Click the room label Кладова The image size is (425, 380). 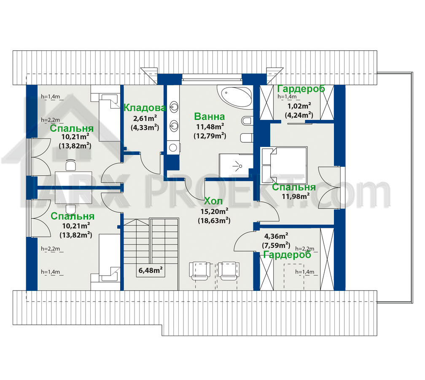[x=145, y=108]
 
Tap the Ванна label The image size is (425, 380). [x=210, y=117]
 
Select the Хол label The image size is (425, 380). [x=213, y=201]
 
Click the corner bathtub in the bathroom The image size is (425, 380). [x=235, y=97]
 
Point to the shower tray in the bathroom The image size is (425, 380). [x=236, y=165]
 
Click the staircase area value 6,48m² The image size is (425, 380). [x=151, y=270]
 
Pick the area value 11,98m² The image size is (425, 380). [x=296, y=196]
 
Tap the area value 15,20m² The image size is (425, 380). [x=214, y=211]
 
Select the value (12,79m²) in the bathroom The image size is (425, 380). [x=210, y=136]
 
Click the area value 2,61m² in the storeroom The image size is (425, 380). [x=145, y=118]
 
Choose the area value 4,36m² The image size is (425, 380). [x=276, y=236]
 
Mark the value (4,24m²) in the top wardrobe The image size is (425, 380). [x=299, y=115]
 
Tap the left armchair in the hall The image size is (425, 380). [x=201, y=271]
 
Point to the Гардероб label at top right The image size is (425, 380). [x=301, y=89]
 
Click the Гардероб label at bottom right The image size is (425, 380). [x=287, y=255]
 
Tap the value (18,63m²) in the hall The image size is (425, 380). [x=214, y=220]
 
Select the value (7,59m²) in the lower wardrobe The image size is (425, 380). [x=276, y=245]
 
